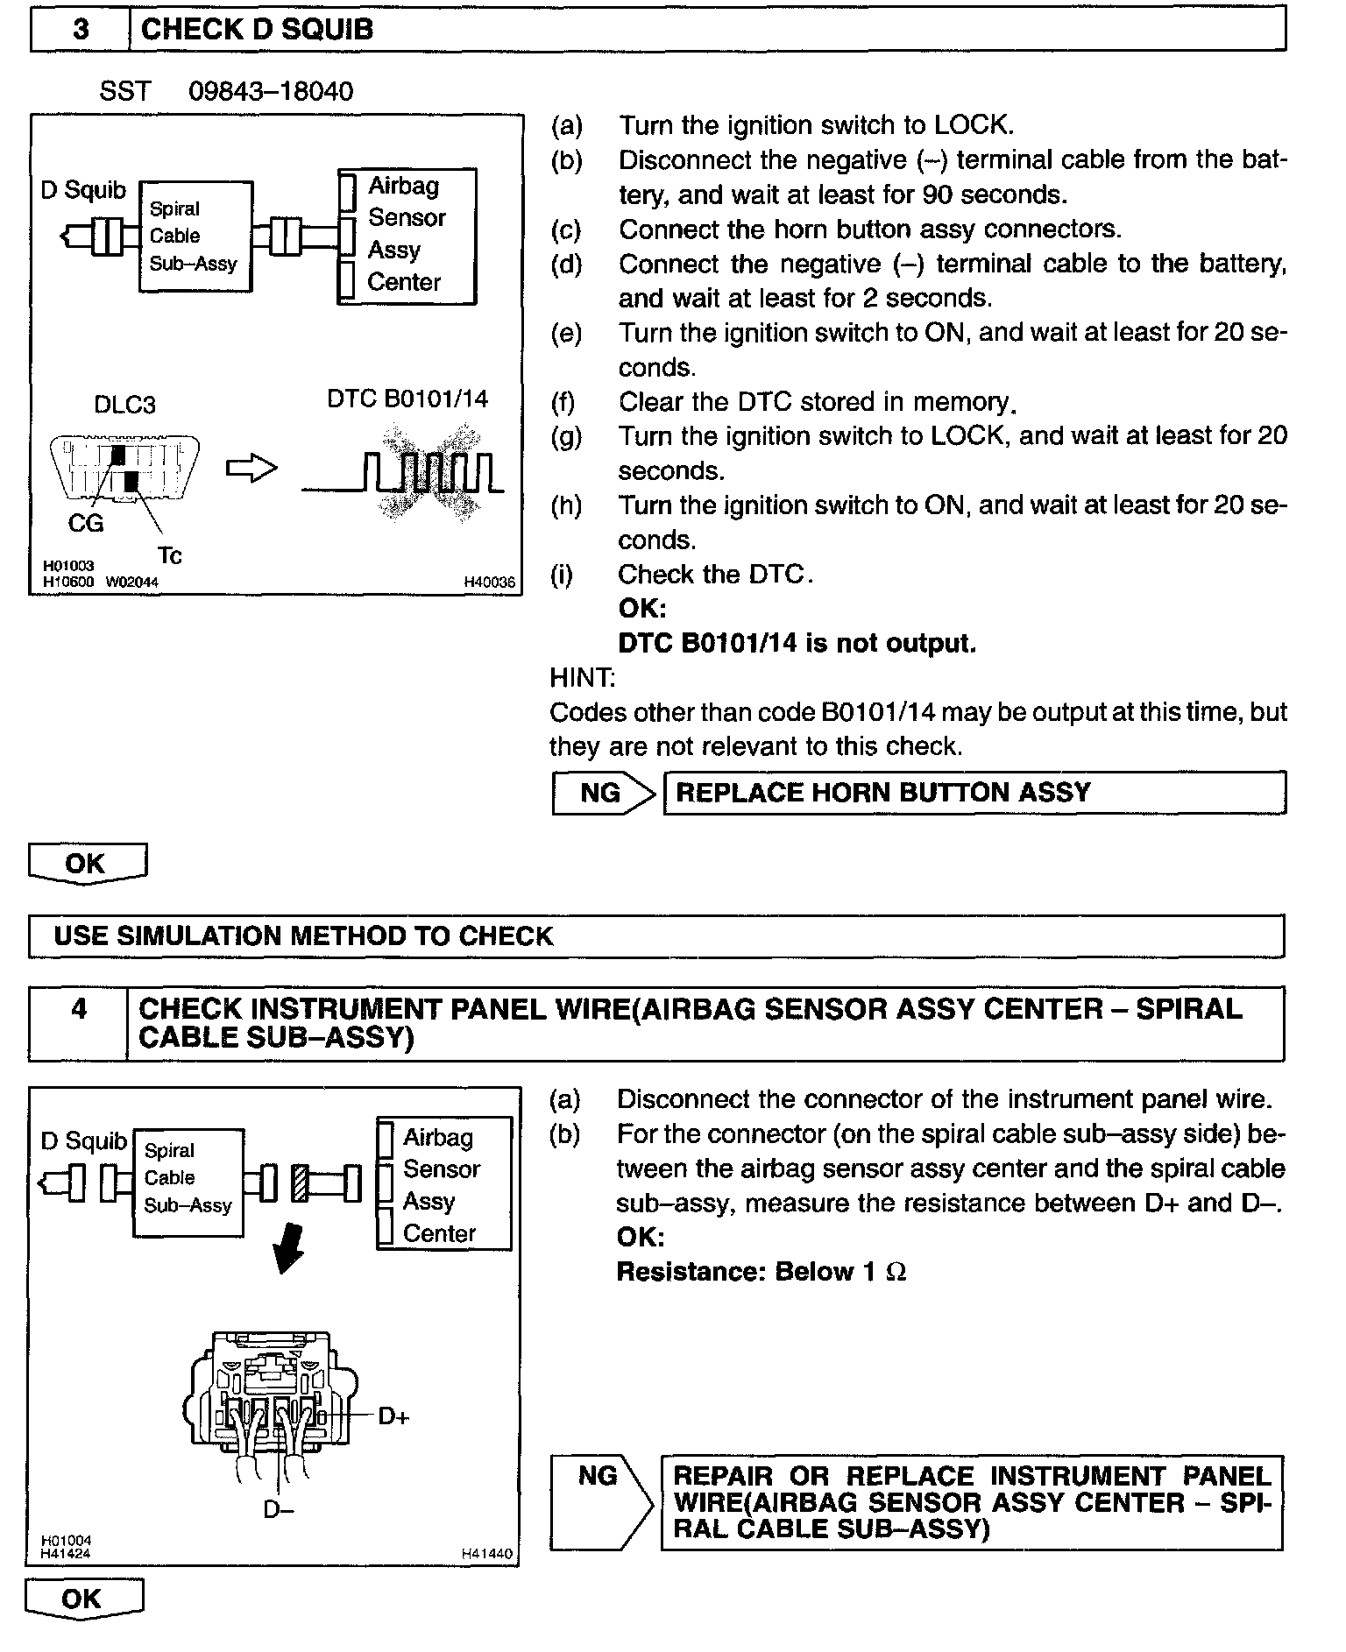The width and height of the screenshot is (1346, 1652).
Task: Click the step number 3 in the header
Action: [80, 30]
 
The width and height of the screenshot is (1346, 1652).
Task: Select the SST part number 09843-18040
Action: [271, 91]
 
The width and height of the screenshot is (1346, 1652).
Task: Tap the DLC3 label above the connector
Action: [124, 405]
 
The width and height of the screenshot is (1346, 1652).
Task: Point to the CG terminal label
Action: [86, 523]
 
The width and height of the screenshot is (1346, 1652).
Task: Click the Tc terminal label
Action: [169, 555]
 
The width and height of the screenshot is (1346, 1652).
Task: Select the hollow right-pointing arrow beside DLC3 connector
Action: [251, 469]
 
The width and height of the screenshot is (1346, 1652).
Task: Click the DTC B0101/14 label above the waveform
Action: [407, 399]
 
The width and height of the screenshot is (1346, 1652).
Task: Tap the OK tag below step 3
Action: [86, 864]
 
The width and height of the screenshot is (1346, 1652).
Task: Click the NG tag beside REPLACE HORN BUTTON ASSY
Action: [601, 793]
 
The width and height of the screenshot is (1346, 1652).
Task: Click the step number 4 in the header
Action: [79, 1009]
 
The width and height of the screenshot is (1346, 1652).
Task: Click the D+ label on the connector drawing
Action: [393, 1415]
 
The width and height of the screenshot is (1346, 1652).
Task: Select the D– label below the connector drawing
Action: [279, 1509]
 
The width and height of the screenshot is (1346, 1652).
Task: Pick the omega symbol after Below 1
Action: [896, 1272]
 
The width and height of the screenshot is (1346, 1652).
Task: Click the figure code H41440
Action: [487, 1554]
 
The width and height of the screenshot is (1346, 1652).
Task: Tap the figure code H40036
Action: [489, 582]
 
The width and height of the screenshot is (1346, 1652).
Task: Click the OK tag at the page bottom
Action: [82, 1599]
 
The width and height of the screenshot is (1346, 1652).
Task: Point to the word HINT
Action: [582, 677]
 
